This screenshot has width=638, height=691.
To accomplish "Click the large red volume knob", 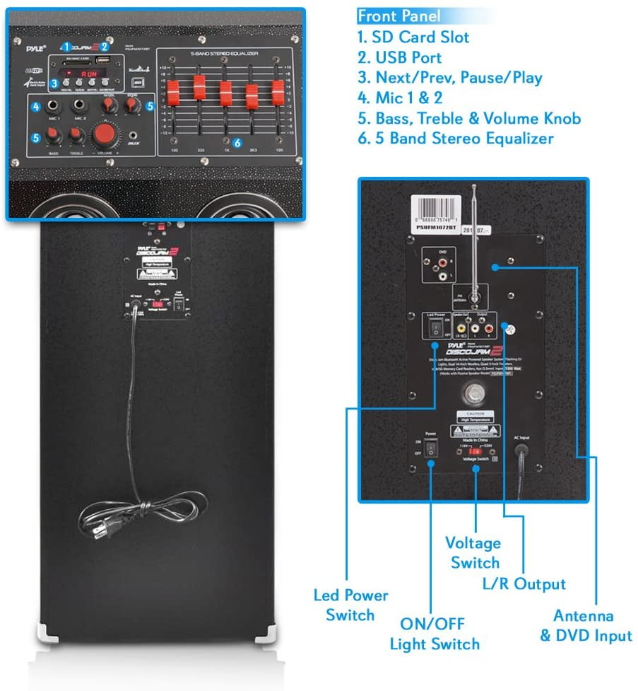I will (x=105, y=133).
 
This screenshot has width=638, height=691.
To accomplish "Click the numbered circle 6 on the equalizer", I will (x=237, y=142).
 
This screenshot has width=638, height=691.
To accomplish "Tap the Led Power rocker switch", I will (x=435, y=325).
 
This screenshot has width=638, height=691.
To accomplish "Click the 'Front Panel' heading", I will (x=399, y=16).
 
